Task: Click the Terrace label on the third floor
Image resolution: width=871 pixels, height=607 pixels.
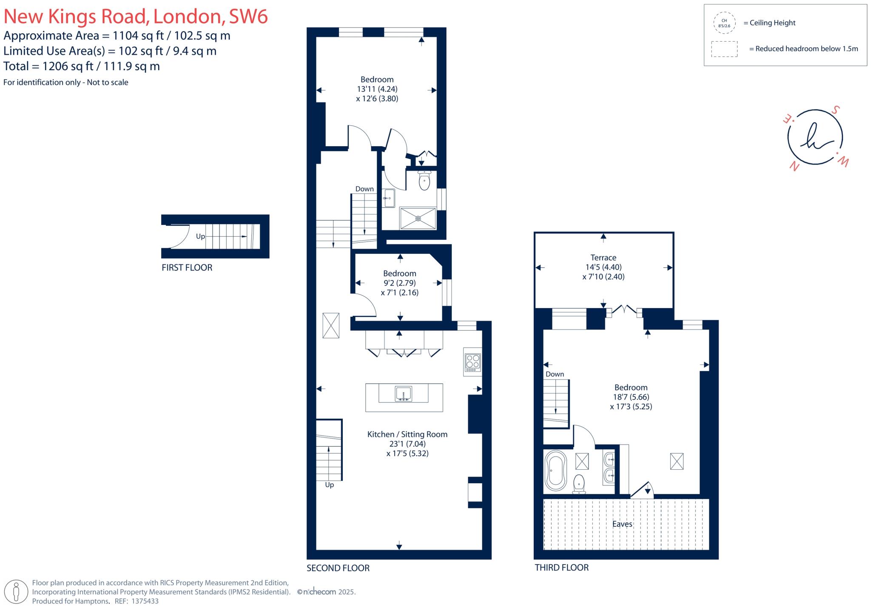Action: [x=603, y=258]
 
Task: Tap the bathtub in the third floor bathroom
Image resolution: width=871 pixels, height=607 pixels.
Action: [x=555, y=471]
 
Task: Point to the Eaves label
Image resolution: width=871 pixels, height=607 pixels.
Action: [x=622, y=524]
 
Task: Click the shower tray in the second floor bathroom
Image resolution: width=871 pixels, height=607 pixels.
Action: [x=418, y=218]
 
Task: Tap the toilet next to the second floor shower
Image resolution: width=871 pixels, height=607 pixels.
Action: [x=424, y=181]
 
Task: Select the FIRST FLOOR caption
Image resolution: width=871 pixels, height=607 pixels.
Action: [x=187, y=268]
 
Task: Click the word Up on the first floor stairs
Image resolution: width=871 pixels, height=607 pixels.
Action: [x=200, y=236]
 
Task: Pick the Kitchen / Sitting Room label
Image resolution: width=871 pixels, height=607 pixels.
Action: [x=407, y=434]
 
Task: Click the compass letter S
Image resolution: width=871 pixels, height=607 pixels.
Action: [x=835, y=110]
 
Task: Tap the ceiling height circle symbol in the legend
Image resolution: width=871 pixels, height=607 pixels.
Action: [x=724, y=23]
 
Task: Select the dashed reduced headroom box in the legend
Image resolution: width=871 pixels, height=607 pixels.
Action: [x=724, y=49]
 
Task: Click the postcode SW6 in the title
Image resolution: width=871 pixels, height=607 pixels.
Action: [x=248, y=17]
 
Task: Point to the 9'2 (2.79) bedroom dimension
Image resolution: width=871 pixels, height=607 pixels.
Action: [x=399, y=283]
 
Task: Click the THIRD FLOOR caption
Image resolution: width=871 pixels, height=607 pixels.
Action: [x=561, y=568]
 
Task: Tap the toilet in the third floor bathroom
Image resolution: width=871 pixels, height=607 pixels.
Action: [x=579, y=484]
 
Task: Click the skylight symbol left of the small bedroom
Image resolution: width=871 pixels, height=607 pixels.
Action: [x=331, y=326]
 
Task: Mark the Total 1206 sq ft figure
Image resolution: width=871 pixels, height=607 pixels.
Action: [x=68, y=66]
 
